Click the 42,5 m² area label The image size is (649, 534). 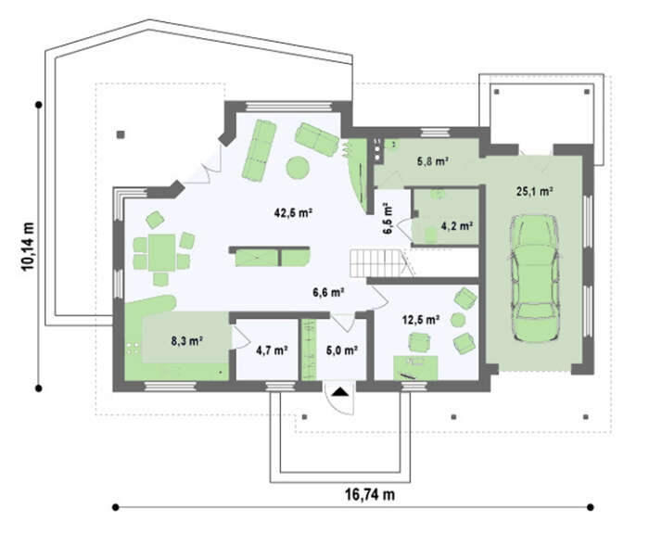tap(293, 213)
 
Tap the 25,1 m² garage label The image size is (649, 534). tap(535, 191)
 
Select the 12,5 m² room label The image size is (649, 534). tap(421, 320)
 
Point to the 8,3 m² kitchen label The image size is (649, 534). tap(186, 340)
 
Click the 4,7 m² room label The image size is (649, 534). tap(272, 350)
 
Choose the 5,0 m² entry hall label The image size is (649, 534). tap(342, 350)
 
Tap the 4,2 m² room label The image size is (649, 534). tap(457, 226)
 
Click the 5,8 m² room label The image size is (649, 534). tap(433, 161)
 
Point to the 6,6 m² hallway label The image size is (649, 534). tap(329, 293)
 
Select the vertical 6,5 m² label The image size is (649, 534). tap(388, 219)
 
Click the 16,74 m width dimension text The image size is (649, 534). tap(370, 494)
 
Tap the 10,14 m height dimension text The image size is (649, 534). tap(28, 247)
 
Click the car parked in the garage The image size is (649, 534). tap(535, 278)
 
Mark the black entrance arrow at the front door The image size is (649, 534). tap(339, 391)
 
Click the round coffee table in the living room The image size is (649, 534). tap(298, 168)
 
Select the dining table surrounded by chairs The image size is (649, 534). tap(161, 252)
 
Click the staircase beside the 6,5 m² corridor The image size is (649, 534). tap(376, 263)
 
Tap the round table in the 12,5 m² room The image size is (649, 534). tap(458, 320)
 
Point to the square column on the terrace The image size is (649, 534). tap(121, 134)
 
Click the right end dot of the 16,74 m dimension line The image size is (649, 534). tap(591, 507)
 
